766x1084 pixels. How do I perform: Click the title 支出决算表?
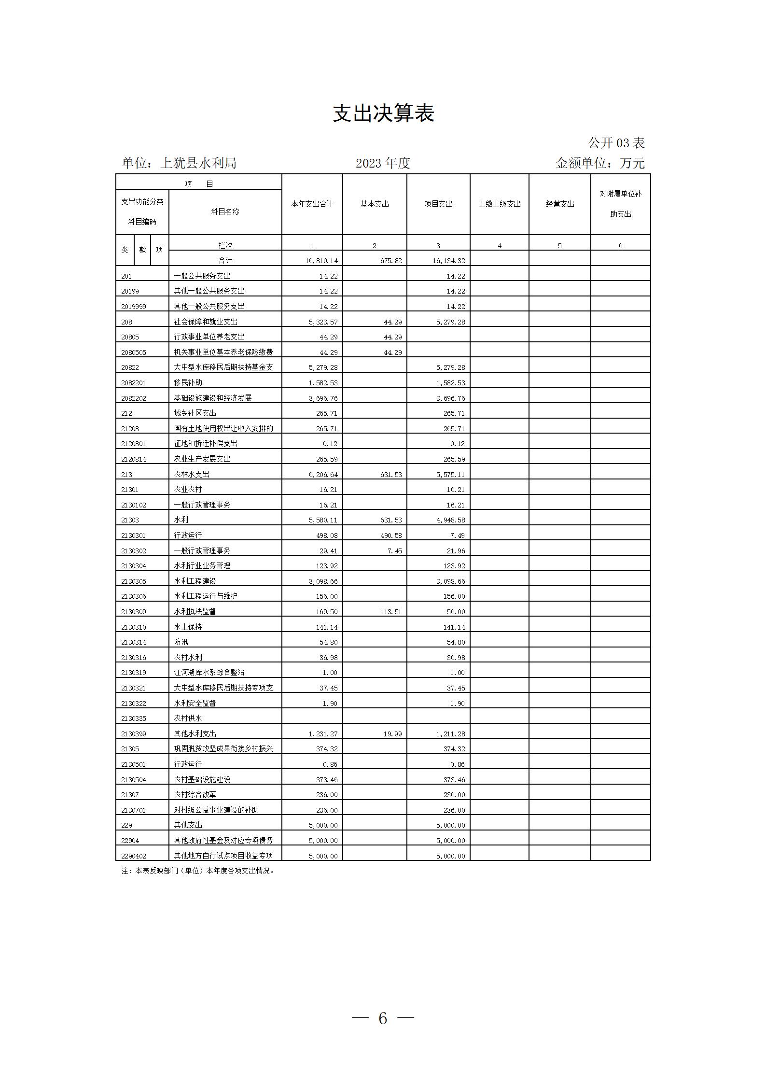[x=383, y=113]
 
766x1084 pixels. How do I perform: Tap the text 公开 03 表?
[x=616, y=143]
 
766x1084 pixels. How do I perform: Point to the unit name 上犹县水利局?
[x=198, y=163]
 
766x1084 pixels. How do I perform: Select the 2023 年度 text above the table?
[x=383, y=163]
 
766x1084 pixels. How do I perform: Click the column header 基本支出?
[x=375, y=204]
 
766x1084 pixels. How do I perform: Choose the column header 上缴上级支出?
[x=500, y=204]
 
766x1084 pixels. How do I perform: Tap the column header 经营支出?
[x=560, y=204]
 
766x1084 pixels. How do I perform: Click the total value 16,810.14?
[x=321, y=261]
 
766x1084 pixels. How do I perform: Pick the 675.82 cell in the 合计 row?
[x=391, y=261]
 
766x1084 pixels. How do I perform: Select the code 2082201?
[x=133, y=383]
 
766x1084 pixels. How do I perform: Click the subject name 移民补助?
[x=188, y=382]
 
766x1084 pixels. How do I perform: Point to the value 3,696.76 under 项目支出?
[x=450, y=398]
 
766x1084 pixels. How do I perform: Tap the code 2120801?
[x=133, y=444]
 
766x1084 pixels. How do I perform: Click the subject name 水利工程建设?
[x=195, y=581]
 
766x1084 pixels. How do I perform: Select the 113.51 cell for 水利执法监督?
[x=391, y=612]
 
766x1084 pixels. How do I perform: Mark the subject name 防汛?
[x=181, y=642]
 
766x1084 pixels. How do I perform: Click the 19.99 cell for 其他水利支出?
[x=392, y=734]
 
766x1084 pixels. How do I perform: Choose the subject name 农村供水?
[x=188, y=718]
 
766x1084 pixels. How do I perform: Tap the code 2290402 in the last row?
[x=133, y=856]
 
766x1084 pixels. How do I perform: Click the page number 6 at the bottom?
[x=383, y=1018]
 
